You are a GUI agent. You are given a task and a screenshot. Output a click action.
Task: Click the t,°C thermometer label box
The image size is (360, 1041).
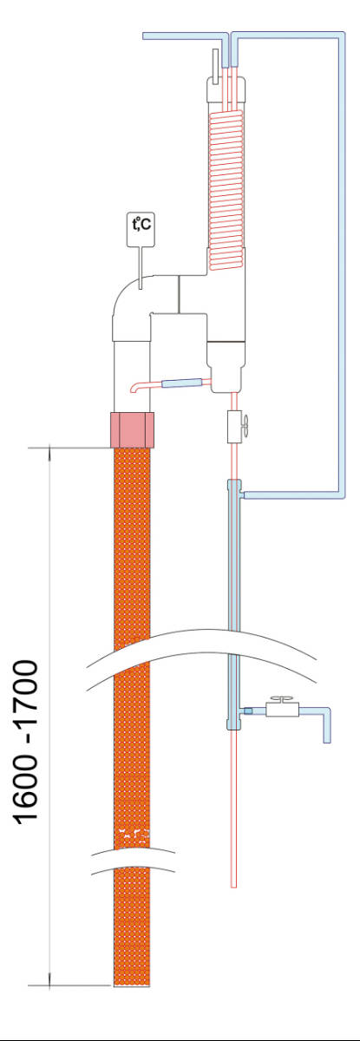tap(141, 229)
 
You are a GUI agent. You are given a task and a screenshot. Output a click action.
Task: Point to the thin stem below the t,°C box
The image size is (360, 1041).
tap(141, 267)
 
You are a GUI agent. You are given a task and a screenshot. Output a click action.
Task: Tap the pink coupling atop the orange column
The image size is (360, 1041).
tap(132, 429)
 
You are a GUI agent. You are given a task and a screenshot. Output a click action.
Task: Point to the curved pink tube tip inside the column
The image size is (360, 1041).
tap(133, 389)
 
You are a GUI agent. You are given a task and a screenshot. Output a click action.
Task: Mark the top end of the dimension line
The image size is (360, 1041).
tap(49, 448)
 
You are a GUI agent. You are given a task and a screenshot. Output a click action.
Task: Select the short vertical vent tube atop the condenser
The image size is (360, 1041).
tap(215, 67)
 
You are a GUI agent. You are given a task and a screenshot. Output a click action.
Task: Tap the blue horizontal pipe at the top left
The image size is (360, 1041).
tap(186, 36)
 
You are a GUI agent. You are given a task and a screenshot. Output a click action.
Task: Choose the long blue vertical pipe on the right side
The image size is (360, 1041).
tap(342, 265)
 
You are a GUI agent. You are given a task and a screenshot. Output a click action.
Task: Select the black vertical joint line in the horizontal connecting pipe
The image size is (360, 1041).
tap(179, 294)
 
